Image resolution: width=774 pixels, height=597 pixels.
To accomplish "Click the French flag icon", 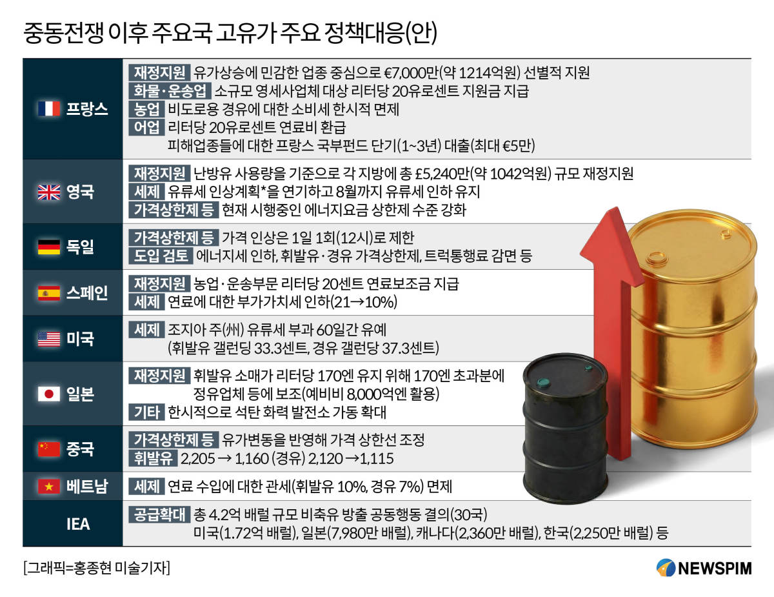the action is coord(49,108).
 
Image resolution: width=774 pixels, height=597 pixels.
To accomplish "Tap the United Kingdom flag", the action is coord(49,192).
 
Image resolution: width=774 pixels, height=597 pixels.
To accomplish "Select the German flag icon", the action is coord(49,247).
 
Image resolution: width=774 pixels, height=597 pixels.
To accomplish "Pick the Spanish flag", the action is coord(49,293).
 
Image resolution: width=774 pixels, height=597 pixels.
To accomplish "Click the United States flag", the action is coord(49,339).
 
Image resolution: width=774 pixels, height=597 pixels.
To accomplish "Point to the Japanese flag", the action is coord(49,394).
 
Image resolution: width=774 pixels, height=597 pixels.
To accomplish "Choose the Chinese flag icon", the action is coord(49,449).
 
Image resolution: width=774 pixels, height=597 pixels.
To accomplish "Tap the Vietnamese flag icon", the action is coord(49,486).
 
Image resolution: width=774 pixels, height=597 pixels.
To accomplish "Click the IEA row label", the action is coord(78,524).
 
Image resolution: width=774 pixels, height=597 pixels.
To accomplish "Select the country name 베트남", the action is coord(87,486).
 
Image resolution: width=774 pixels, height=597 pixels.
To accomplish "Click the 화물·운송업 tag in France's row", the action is coord(170,91).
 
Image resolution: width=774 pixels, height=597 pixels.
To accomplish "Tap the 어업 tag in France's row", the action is coord(146,127).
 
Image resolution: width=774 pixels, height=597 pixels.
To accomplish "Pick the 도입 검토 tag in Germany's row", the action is coord(161,256).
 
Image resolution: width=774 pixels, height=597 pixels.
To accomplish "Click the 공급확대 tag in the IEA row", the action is coord(159,514).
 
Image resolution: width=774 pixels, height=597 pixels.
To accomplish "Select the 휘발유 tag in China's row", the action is coord(153,458).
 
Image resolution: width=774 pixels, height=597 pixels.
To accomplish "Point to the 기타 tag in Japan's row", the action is coord(146,412).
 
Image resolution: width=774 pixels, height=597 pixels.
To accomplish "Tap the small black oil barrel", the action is coord(565,429).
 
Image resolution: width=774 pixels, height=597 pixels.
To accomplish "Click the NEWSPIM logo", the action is coord(704,568).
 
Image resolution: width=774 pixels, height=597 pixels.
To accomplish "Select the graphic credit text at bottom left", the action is coord(97,568).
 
